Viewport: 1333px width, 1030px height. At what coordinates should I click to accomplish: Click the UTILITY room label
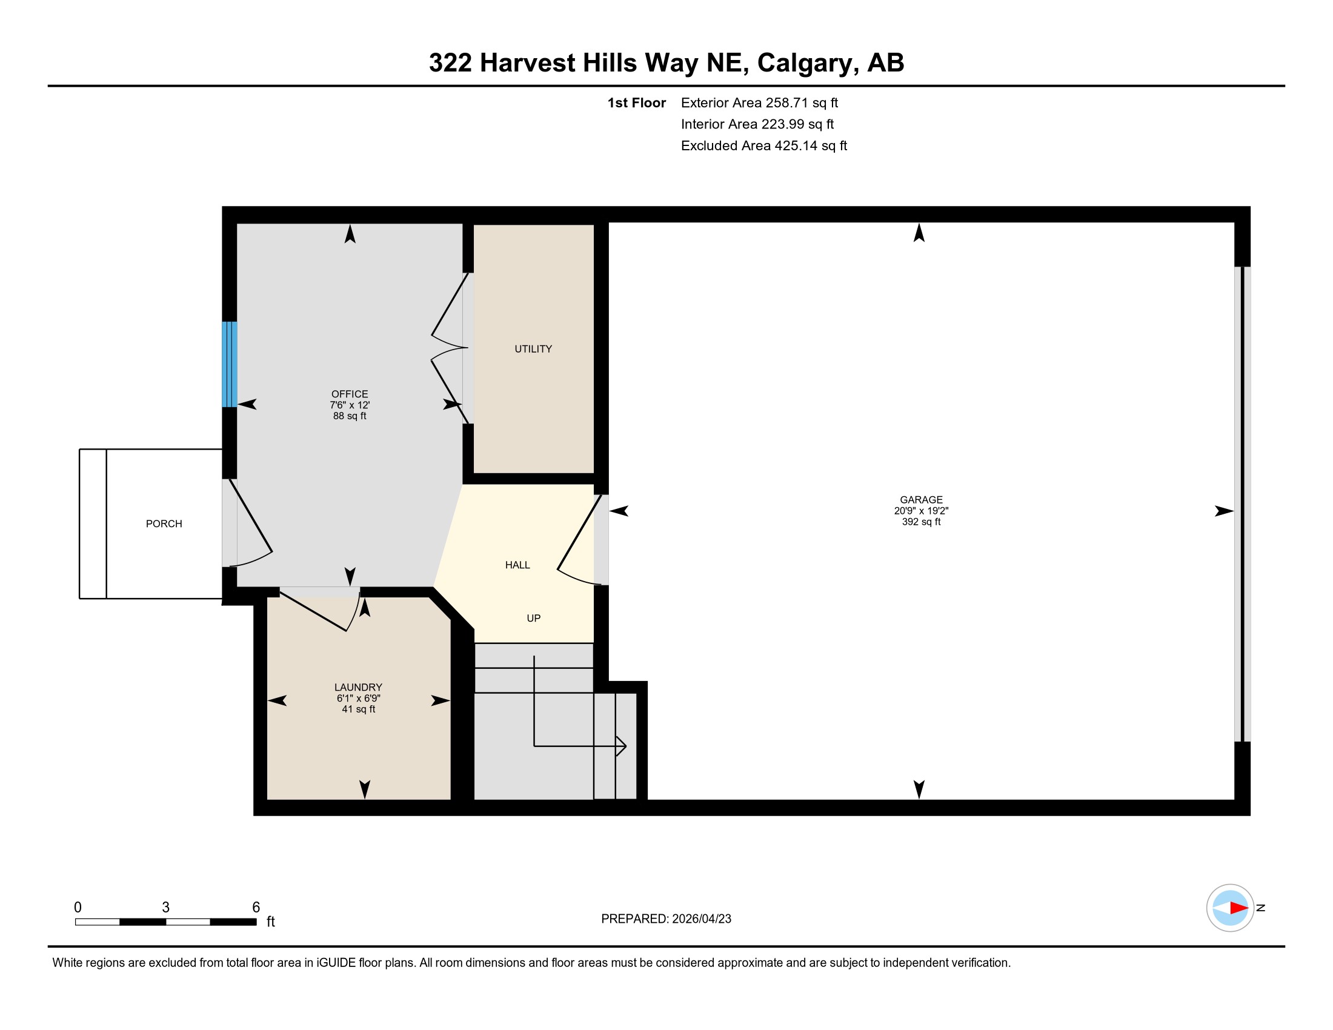(533, 349)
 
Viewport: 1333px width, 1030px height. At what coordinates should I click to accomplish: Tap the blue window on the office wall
(230, 364)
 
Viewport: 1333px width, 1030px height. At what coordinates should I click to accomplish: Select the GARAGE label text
(921, 500)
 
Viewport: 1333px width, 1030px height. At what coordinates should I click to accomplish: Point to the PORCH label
(164, 523)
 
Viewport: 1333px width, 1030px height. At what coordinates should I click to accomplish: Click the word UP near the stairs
(533, 618)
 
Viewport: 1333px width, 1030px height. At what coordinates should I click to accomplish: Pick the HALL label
(517, 565)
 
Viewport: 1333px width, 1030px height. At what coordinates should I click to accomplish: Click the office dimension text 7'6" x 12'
(350, 405)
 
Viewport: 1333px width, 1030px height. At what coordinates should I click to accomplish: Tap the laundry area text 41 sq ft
(358, 709)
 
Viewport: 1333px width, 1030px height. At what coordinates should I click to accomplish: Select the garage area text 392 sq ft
(921, 522)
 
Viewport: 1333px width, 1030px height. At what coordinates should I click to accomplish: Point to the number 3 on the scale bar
(165, 908)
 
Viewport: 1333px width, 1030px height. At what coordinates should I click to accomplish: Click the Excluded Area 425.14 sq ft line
(763, 146)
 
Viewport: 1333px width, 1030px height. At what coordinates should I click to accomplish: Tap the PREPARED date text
(666, 919)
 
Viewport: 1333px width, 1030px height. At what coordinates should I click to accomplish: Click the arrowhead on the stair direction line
(621, 746)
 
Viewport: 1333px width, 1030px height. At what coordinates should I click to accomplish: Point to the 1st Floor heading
(636, 103)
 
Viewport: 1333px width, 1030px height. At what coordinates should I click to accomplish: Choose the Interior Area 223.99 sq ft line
(757, 124)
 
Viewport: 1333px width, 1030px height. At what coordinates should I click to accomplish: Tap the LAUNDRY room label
(358, 687)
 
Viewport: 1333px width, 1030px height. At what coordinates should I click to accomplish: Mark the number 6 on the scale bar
(256, 908)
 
